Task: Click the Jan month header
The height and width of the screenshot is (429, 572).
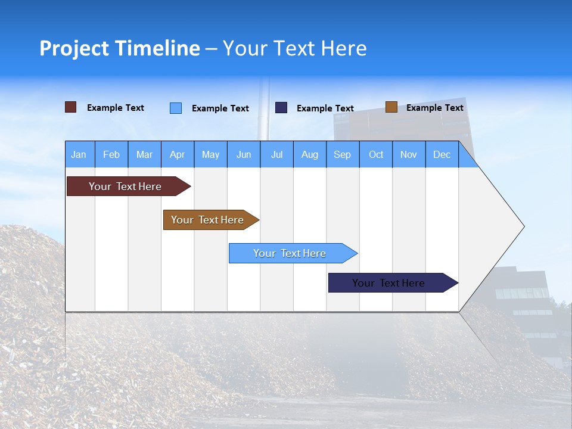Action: pos(79,154)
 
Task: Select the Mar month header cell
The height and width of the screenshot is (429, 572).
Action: pos(144,154)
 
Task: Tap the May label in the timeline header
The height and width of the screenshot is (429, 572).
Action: pos(210,154)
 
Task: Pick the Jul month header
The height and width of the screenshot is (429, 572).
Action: pos(276,154)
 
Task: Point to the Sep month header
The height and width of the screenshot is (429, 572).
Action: pos(342,154)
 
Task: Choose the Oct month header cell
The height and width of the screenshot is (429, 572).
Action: pos(376,154)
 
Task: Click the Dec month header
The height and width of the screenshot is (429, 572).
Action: pos(442,154)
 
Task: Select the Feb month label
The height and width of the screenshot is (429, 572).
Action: pos(111,154)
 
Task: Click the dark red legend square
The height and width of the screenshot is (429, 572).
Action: pos(71,107)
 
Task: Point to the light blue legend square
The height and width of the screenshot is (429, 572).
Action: pos(176,108)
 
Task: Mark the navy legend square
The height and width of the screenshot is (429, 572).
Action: pos(281,107)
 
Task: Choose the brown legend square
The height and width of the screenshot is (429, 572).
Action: pos(391,107)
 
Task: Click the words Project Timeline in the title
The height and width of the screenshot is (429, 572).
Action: pos(120,48)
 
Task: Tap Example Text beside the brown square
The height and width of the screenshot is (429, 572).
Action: pos(434,108)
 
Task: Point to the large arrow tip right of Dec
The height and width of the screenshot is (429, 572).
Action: pos(500,226)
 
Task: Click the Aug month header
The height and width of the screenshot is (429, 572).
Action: pos(309,154)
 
